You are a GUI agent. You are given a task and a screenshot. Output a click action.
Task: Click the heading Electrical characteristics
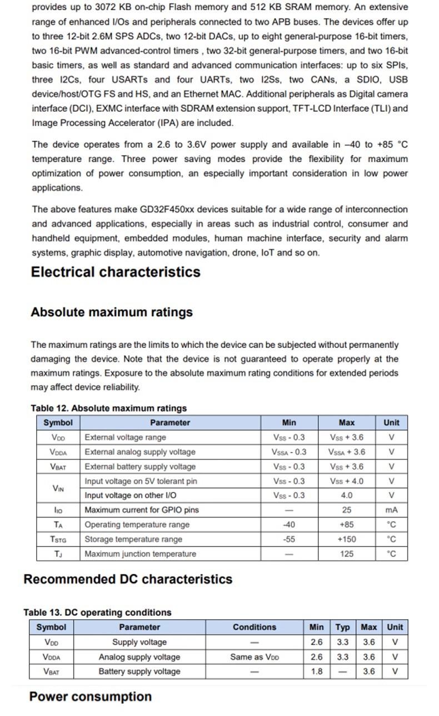point(116,272)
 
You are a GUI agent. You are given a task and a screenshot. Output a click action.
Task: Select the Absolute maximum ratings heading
point(112,312)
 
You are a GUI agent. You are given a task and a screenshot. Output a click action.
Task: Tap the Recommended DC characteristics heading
point(128,579)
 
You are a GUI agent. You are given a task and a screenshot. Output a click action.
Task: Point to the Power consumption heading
point(90,697)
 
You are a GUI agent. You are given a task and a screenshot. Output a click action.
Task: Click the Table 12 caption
point(109,409)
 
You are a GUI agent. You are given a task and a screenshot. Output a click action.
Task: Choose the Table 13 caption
point(97,613)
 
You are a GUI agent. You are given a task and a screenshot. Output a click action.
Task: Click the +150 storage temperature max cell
point(346,539)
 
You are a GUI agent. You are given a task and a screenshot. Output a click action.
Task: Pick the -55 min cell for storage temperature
point(289,539)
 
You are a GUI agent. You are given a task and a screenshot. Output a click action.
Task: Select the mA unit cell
point(391,510)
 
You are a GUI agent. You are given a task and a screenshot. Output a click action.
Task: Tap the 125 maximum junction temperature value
point(346,554)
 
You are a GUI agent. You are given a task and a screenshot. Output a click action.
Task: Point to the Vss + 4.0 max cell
point(346,481)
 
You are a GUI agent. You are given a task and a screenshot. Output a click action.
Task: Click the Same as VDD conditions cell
point(255,657)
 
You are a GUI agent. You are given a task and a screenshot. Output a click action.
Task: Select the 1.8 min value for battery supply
point(316,672)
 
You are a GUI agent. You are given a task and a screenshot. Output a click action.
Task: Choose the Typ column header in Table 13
point(343,628)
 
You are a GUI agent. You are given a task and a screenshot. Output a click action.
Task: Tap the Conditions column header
point(255,628)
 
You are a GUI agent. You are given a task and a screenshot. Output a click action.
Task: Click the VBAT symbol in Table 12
point(58,467)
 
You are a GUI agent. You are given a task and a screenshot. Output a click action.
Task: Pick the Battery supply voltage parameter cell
point(139,672)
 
